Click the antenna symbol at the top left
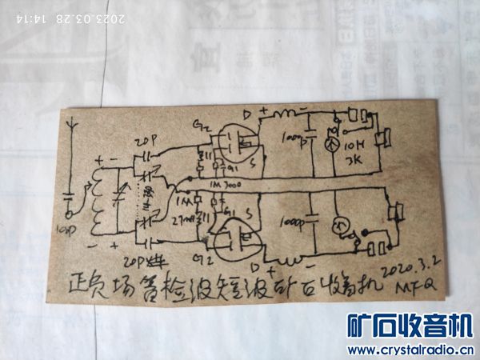click(74, 131)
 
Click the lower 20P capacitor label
click(134, 258)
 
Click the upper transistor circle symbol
click(239, 143)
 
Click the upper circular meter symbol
click(330, 146)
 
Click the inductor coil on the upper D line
click(282, 120)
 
